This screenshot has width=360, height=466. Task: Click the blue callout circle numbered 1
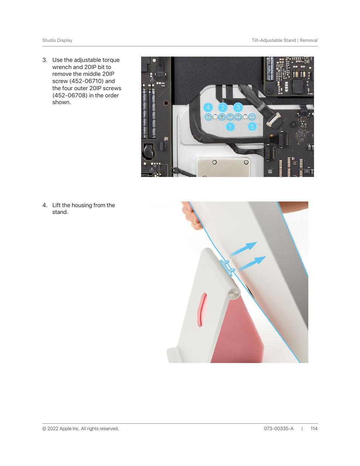[x=230, y=127]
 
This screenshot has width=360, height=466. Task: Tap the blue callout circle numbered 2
[x=223, y=107]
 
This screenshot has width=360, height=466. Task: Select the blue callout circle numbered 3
[x=238, y=107]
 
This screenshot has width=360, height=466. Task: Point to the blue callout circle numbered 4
[x=208, y=107]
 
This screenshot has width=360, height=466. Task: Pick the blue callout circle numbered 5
[x=252, y=126]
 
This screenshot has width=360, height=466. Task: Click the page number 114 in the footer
[x=314, y=429]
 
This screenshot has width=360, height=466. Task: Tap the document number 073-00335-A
[x=278, y=429]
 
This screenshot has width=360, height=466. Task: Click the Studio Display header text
[x=57, y=40]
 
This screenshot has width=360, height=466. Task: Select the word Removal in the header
[x=309, y=40]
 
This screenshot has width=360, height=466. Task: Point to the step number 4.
[x=45, y=205]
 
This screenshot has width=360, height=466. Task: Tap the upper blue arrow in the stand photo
[x=243, y=249]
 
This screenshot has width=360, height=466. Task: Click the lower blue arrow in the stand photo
[x=252, y=263]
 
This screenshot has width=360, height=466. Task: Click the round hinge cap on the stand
[x=234, y=293]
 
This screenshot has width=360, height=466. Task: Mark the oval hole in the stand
[x=202, y=310]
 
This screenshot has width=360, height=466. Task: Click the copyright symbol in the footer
[x=44, y=429]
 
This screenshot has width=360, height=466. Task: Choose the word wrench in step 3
[x=62, y=67]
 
